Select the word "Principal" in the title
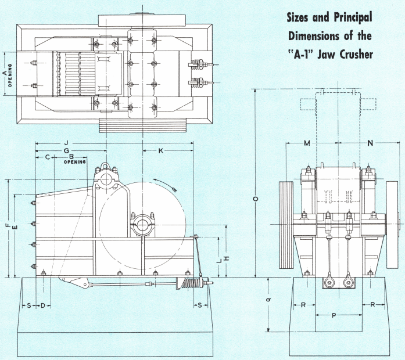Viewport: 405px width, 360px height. [x=347, y=16]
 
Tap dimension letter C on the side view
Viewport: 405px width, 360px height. [x=46, y=157]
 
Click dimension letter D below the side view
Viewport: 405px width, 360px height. [x=42, y=305]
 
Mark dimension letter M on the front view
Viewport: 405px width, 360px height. [x=306, y=143]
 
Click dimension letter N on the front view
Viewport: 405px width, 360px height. [x=370, y=143]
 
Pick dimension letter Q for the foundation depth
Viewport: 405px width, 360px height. [x=268, y=300]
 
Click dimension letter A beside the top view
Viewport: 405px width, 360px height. [x=4, y=73]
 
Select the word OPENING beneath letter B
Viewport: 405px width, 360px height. [x=73, y=162]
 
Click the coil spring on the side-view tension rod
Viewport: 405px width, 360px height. [x=190, y=284]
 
